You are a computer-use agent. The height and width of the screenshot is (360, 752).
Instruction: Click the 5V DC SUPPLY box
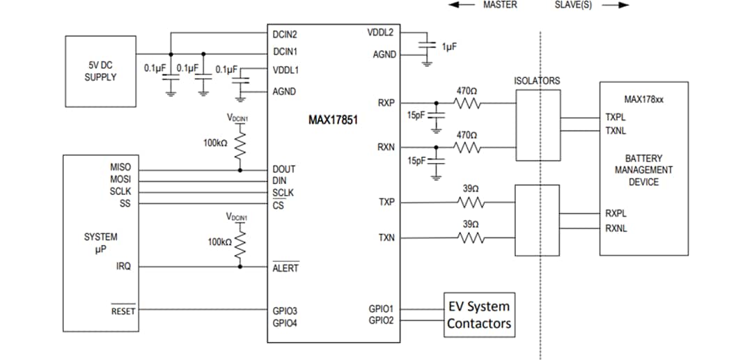click(x=100, y=71)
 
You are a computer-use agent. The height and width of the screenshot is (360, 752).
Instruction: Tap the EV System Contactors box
click(x=479, y=315)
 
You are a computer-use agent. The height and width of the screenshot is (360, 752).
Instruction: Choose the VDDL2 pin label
click(x=381, y=33)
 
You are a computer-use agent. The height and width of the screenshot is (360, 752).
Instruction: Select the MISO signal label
click(x=120, y=168)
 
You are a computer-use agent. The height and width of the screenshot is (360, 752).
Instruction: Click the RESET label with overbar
click(x=123, y=311)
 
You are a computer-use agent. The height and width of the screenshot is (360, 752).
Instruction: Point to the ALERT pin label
click(x=285, y=268)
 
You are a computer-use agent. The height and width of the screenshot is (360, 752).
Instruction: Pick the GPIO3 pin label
click(x=285, y=311)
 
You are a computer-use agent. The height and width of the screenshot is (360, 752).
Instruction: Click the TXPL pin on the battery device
click(x=616, y=118)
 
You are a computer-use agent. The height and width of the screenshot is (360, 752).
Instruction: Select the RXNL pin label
click(x=616, y=228)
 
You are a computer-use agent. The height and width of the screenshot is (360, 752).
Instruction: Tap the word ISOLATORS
click(x=536, y=81)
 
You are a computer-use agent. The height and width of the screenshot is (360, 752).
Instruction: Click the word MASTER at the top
click(x=500, y=5)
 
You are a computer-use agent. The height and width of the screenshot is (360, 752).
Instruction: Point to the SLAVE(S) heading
click(x=572, y=5)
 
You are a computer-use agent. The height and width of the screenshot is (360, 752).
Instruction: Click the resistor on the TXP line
click(x=471, y=203)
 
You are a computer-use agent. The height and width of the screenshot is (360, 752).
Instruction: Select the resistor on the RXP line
click(x=467, y=103)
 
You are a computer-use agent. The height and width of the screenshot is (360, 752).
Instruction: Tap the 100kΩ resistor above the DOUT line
click(x=241, y=146)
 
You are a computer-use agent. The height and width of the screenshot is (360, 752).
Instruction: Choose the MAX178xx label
click(x=644, y=100)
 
